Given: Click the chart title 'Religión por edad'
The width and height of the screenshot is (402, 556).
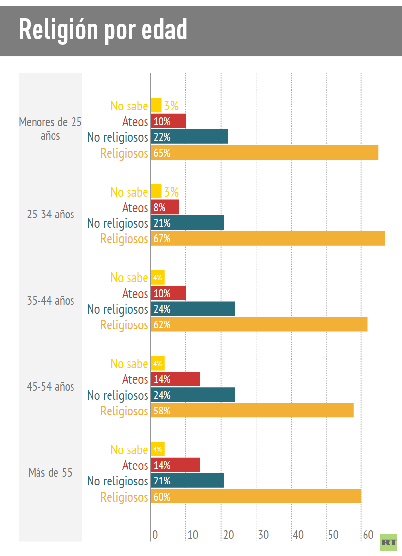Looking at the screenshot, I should (103, 30).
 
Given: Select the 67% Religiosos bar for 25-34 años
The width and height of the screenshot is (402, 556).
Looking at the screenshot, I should (268, 239).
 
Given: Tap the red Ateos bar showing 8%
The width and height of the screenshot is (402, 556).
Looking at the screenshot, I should (164, 208).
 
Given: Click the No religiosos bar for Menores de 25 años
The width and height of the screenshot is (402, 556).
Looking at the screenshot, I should (189, 137).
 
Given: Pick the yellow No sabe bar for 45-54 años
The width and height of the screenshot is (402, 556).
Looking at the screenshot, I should (158, 363).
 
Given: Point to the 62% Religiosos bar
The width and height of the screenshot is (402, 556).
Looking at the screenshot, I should (259, 324).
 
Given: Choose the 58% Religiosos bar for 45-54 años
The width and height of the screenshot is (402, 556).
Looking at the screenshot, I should (252, 411).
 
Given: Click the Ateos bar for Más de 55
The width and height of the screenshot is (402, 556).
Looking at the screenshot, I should (175, 465).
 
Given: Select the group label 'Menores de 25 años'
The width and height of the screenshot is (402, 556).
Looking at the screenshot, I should (50, 128).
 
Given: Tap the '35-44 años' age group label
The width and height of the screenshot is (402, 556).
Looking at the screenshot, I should (50, 300).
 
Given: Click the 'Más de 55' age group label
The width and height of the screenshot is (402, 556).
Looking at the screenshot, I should (50, 472).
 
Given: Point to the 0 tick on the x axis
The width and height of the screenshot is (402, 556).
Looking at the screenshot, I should (155, 535).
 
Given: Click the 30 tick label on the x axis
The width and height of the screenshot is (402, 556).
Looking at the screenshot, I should (263, 535).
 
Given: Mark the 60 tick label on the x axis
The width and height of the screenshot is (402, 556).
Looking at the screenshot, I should (368, 535).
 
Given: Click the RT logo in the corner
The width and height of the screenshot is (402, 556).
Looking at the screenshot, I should (388, 542).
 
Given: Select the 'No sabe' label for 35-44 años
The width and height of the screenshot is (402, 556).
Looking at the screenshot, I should (129, 278).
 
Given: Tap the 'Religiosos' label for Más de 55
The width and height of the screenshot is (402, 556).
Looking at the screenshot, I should (124, 497).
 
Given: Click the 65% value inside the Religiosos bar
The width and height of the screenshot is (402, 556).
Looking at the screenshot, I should (162, 153).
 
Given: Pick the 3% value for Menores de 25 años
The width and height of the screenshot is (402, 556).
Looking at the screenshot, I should (171, 106).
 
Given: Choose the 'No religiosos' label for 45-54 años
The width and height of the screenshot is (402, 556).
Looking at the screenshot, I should (117, 395).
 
